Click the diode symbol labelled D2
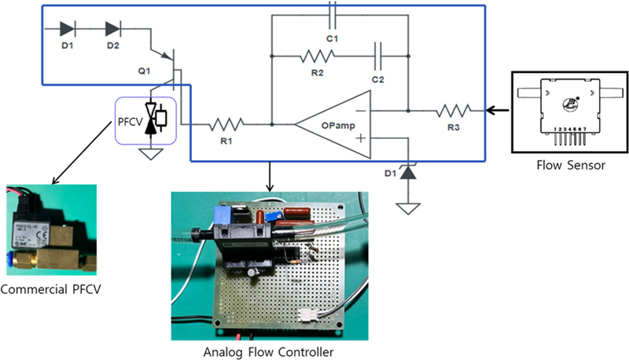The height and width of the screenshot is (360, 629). [x=112, y=30]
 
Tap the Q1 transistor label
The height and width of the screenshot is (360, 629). [x=144, y=71]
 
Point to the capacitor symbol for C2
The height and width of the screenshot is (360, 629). [x=378, y=57]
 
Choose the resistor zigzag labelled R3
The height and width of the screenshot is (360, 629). [x=454, y=110]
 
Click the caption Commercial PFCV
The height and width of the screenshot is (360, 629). [x=51, y=290]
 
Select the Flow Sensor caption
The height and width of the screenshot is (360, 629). [x=568, y=167]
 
